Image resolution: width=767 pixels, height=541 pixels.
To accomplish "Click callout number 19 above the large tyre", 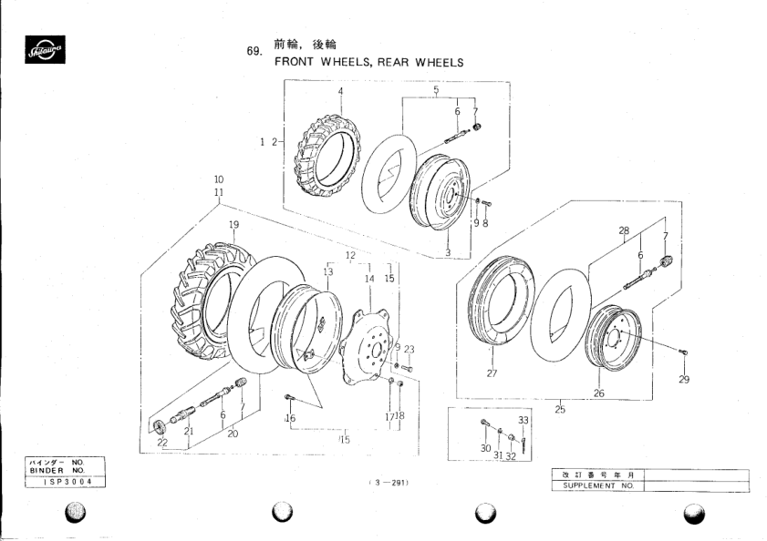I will click(233, 224).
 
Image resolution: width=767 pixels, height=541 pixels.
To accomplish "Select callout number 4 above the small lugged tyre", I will click(340, 92).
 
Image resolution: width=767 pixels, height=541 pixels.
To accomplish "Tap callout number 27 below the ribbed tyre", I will click(492, 373).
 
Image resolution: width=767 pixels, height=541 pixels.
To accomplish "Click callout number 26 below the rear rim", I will click(599, 393).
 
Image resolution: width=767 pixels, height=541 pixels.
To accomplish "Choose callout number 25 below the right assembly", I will click(560, 410).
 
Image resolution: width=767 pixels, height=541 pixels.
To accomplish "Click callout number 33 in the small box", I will click(523, 420).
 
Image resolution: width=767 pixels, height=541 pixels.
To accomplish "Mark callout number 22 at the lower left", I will click(162, 443).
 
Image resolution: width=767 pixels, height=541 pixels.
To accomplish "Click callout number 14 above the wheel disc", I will click(369, 279).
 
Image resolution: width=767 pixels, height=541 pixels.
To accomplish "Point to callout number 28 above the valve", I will click(625, 231).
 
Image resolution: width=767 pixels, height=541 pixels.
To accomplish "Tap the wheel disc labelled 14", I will click(368, 347).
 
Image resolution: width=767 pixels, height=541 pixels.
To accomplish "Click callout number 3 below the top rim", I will click(448, 251).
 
